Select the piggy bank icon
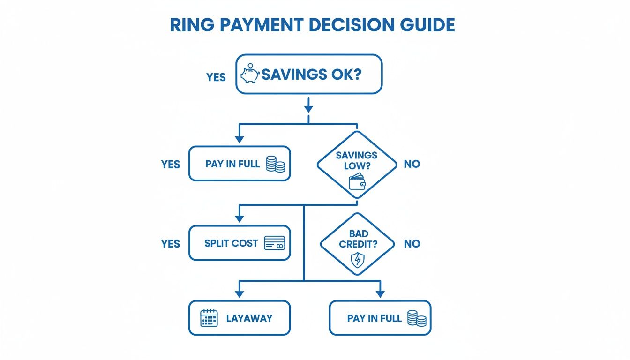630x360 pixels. click(x=249, y=75)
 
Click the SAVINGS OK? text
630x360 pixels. click(x=311, y=75)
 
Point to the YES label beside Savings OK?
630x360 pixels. click(x=216, y=77)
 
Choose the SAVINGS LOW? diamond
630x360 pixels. click(x=357, y=165)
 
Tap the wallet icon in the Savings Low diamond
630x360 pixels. click(x=356, y=181)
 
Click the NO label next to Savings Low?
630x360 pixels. click(x=412, y=165)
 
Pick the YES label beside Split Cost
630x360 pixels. click(x=170, y=244)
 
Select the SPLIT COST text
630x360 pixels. click(x=231, y=243)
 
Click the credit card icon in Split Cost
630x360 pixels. click(x=274, y=243)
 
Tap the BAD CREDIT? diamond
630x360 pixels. click(x=357, y=244)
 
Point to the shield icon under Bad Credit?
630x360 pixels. click(x=357, y=260)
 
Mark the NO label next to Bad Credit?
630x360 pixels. click(x=412, y=244)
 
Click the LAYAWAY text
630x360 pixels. click(x=249, y=318)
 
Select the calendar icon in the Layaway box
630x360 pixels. click(x=209, y=318)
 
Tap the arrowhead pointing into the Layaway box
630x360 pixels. click(x=240, y=293)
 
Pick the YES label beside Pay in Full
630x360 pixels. click(x=170, y=165)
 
